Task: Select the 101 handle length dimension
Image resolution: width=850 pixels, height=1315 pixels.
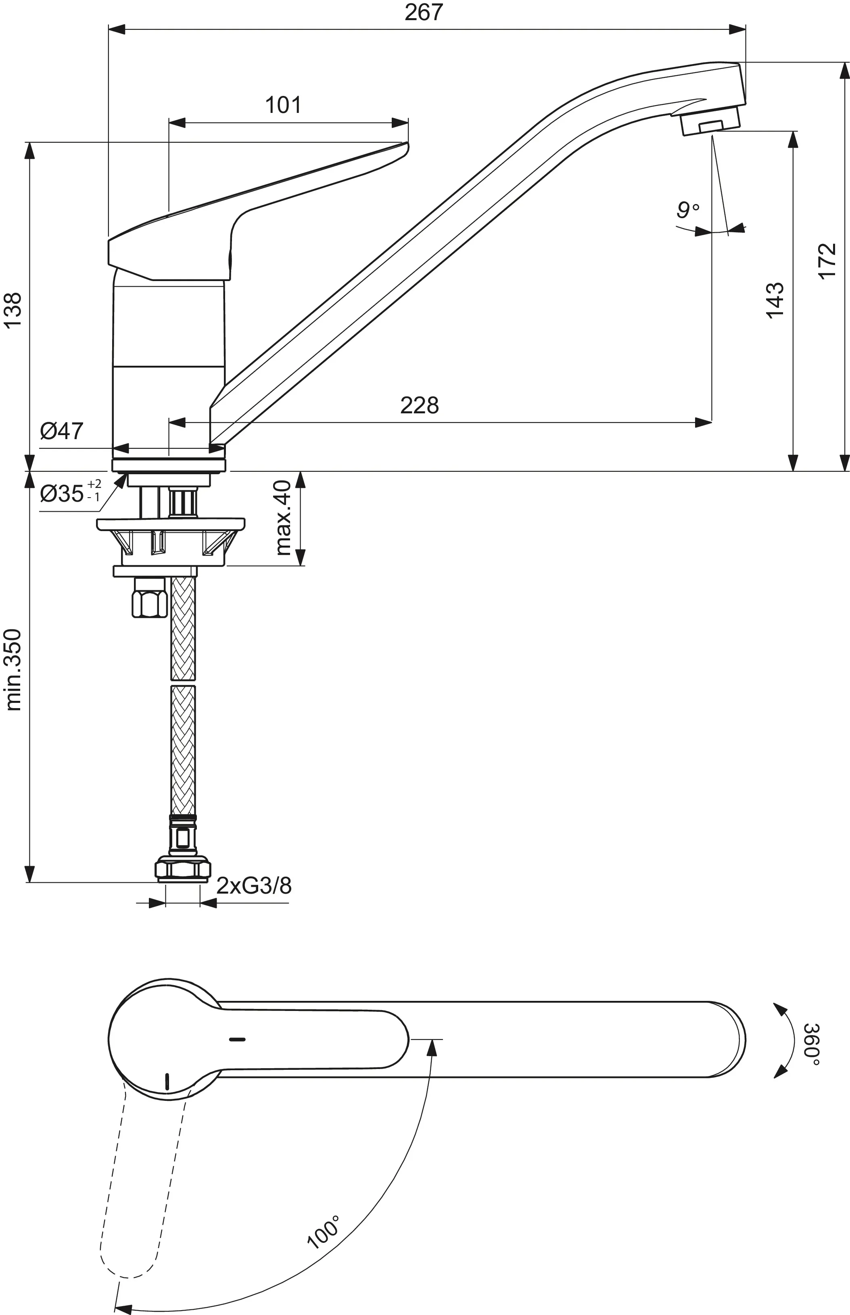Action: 283,105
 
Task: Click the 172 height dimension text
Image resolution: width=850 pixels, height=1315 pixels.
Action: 827,261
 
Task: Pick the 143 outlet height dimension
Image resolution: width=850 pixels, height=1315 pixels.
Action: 775,300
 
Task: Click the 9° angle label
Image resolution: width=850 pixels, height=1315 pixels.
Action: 687,210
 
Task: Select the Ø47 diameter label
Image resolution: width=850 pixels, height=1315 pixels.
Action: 61,431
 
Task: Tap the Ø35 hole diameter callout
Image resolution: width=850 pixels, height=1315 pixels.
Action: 69,493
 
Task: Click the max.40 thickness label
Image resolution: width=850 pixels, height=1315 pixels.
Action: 283,517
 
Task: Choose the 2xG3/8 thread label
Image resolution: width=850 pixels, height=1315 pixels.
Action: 254,886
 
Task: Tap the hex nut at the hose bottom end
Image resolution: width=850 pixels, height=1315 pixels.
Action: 183,870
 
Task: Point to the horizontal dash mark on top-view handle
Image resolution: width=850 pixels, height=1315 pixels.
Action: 237,1039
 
